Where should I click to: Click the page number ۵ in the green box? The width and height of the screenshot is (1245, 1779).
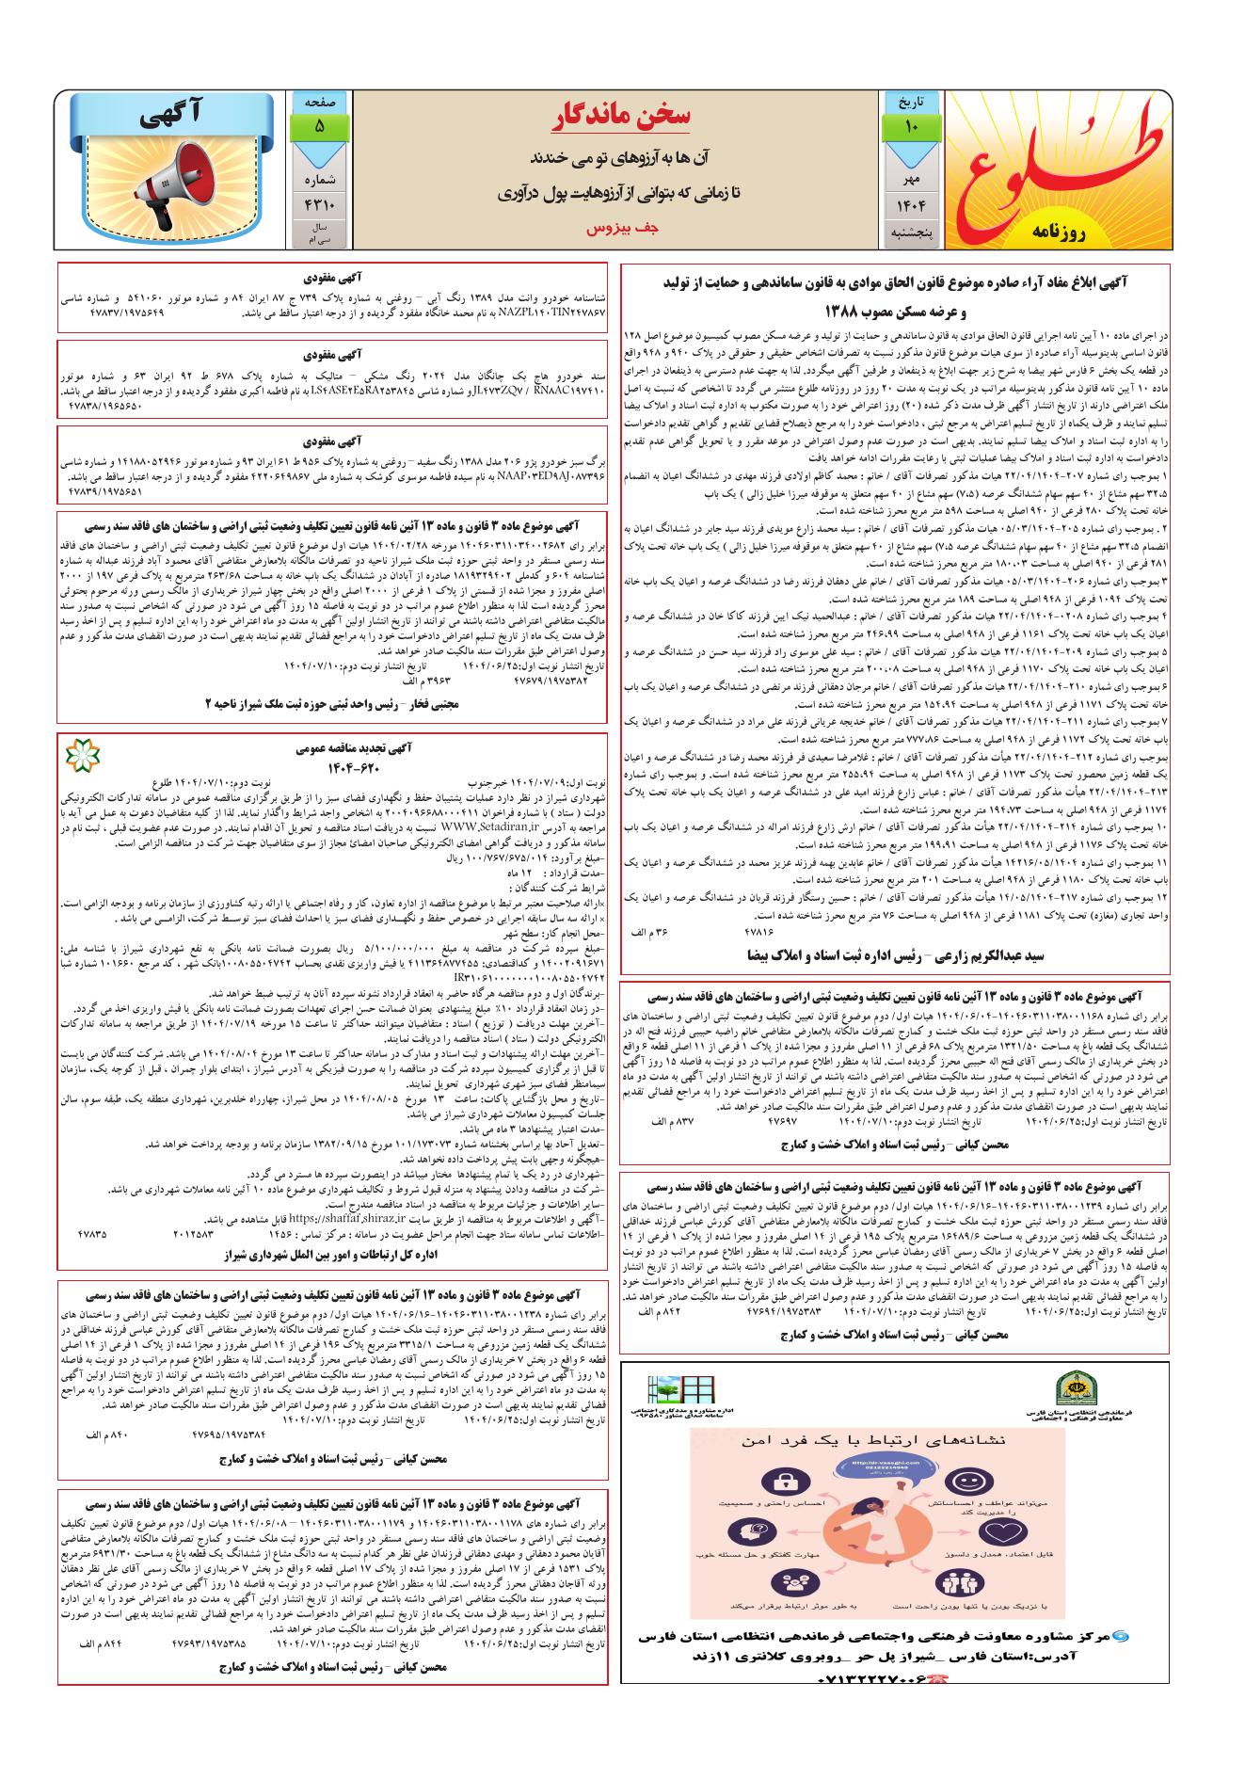319,125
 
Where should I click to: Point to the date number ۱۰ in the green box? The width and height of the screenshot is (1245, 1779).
911,125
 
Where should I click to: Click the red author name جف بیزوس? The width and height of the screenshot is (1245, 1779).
620,228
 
